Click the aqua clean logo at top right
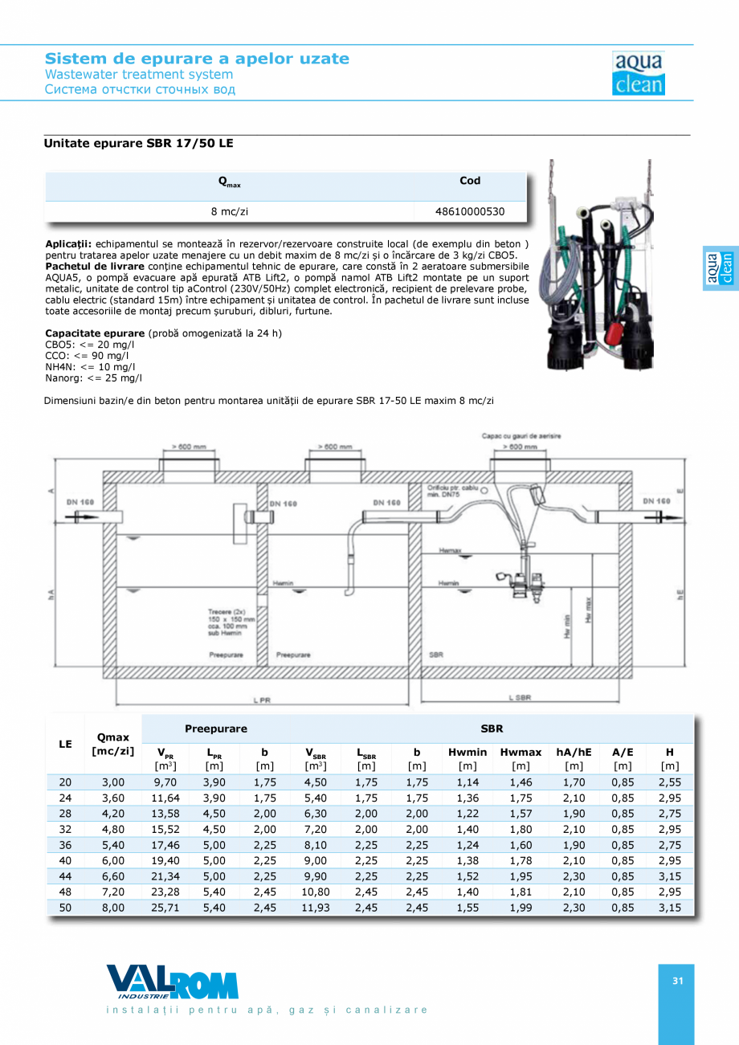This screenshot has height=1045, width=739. (638, 73)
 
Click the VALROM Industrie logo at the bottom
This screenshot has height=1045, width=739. (173, 983)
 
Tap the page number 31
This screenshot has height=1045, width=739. (677, 981)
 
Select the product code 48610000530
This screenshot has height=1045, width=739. (470, 212)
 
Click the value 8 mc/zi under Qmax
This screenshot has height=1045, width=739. (229, 212)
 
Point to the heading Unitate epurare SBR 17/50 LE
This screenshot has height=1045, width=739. (139, 143)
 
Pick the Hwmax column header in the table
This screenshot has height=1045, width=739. (521, 753)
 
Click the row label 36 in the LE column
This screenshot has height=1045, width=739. (65, 846)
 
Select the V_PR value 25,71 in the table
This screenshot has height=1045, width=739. (164, 907)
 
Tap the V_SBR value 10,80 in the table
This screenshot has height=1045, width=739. (315, 892)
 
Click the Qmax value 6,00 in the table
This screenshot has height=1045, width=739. (112, 861)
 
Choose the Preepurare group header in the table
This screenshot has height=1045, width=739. (216, 729)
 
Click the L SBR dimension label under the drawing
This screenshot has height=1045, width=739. (520, 698)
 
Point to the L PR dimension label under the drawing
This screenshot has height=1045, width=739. (262, 700)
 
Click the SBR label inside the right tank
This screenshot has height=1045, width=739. (436, 655)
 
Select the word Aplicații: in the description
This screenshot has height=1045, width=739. (68, 243)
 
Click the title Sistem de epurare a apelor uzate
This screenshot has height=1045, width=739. (197, 59)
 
